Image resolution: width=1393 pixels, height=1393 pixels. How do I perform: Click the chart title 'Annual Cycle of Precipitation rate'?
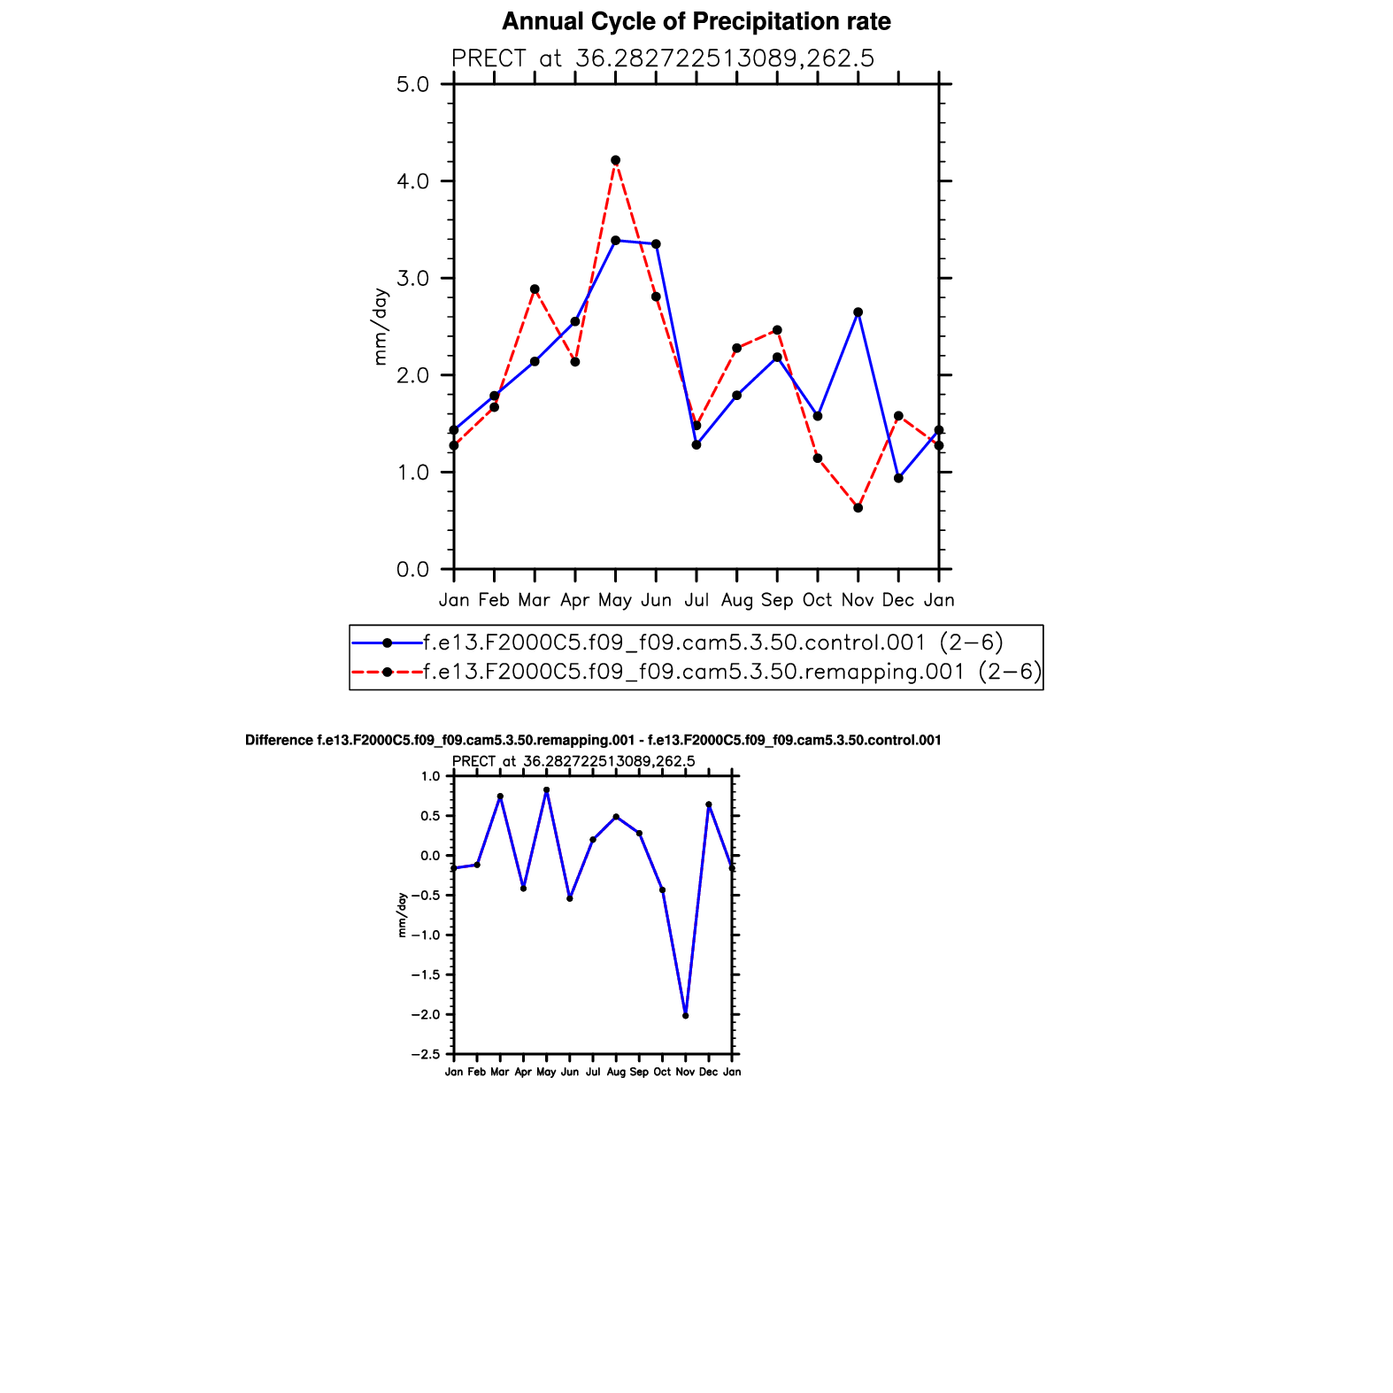696,22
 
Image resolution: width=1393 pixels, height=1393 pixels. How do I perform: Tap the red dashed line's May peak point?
616,160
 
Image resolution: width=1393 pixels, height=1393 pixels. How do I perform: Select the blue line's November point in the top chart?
858,312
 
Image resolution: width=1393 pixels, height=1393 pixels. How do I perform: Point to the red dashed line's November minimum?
858,508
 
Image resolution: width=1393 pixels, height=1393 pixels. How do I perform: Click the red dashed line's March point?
535,289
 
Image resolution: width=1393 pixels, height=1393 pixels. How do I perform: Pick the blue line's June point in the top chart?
656,244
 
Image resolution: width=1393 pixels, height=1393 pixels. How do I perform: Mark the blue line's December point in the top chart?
898,478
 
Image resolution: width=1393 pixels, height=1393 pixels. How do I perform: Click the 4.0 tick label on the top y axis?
412,181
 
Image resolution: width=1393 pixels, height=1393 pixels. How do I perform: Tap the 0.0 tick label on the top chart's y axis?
412,569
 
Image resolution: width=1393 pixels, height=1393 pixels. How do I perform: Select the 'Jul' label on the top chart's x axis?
696,600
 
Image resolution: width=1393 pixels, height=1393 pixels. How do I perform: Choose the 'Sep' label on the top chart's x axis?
777,600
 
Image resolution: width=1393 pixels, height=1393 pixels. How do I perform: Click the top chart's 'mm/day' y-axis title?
381,327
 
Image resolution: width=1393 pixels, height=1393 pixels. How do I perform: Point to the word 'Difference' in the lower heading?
279,740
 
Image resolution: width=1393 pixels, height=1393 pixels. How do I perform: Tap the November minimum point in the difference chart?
686,1015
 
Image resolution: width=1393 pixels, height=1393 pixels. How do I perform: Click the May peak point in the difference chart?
546,790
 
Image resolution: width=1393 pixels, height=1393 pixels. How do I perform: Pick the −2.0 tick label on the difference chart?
425,1015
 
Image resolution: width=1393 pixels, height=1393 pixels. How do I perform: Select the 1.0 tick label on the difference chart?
430,776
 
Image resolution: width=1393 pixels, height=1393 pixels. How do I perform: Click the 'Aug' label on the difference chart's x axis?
616,1072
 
